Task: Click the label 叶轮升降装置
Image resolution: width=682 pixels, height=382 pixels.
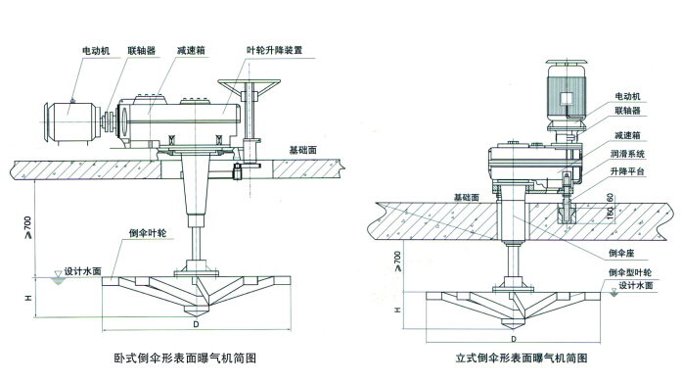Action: click(274, 50)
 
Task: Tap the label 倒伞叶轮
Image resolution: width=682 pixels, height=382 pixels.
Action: click(148, 233)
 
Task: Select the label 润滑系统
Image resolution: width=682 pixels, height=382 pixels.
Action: click(627, 154)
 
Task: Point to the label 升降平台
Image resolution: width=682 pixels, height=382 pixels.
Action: click(627, 171)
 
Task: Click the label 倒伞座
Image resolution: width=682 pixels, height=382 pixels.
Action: click(621, 253)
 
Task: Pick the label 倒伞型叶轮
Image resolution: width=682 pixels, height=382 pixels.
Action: click(630, 272)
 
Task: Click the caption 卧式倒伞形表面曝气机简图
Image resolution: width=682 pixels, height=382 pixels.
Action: click(185, 358)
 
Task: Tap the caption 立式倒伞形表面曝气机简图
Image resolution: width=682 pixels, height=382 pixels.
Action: click(522, 358)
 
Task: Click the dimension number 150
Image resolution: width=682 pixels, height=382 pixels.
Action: click(611, 213)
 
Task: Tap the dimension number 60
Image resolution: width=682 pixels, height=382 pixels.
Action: click(611, 197)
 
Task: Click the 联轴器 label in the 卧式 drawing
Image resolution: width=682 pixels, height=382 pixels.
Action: click(141, 51)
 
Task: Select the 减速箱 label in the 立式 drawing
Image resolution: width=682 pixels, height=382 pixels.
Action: click(627, 135)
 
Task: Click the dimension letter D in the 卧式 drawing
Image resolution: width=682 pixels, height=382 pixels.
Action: click(196, 324)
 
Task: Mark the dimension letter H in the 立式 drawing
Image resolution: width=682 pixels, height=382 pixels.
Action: click(397, 310)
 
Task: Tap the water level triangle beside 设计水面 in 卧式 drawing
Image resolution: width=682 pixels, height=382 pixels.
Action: click(58, 274)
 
